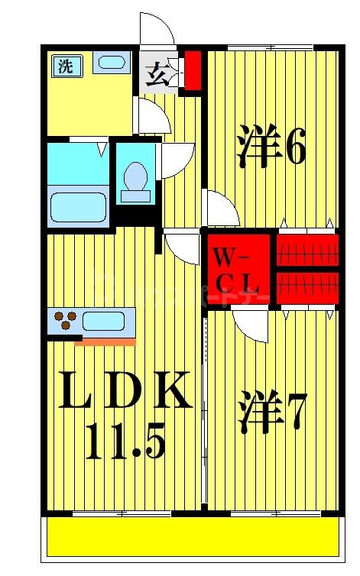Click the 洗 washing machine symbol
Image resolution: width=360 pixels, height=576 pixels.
pos(66,66)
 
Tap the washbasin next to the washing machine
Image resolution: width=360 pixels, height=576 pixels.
pos(112,63)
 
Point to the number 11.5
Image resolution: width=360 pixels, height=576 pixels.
pos(125,442)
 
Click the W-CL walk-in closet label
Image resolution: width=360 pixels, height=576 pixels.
pos(238,270)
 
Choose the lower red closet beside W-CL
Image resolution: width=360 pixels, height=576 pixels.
pos(306,284)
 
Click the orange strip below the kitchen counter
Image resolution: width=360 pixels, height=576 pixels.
pos(105,341)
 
